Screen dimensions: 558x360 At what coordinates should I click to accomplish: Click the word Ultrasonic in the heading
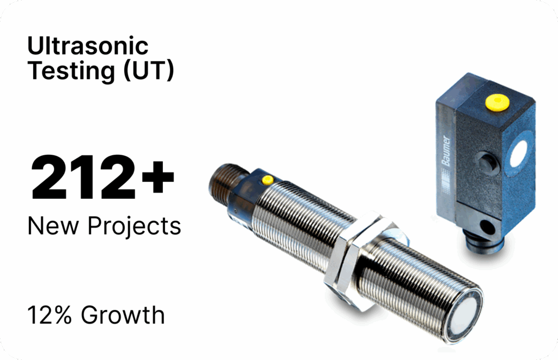[x=88, y=46]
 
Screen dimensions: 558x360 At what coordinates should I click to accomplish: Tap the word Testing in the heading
[x=71, y=70]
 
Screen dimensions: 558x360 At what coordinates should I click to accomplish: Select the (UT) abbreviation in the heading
[x=148, y=70]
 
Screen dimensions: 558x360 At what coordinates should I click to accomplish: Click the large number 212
[x=83, y=177]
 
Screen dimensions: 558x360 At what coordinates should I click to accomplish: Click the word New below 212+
[x=53, y=226]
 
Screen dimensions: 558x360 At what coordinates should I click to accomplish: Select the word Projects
[x=134, y=227]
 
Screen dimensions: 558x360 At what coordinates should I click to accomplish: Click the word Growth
[x=123, y=315]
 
